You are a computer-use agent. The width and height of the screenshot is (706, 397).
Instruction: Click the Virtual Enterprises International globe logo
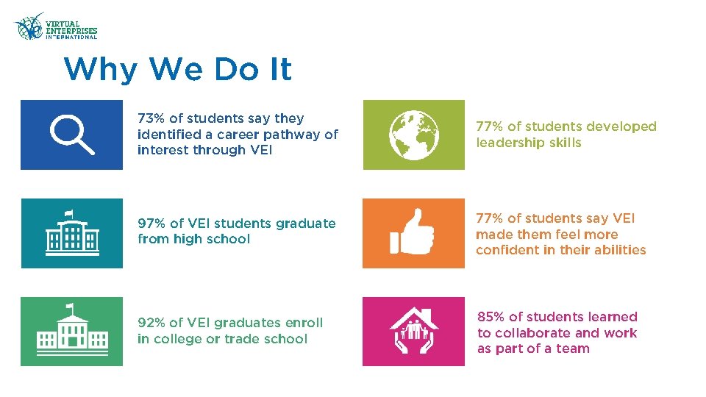29,27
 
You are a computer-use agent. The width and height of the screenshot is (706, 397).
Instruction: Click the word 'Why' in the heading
101,70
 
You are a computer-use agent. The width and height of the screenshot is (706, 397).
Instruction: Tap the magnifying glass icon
71,135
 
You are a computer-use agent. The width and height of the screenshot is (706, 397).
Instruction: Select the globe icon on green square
414,135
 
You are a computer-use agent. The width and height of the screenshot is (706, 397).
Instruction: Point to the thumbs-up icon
414,233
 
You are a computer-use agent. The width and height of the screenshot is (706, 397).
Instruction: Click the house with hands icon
414,331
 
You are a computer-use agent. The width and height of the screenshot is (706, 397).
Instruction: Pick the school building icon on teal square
71,233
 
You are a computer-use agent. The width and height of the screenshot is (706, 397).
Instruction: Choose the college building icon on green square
71,331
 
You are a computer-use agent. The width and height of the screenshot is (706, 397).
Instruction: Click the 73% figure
151,118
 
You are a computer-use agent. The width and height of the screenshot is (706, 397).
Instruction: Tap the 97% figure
151,223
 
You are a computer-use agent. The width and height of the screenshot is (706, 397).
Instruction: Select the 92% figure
151,323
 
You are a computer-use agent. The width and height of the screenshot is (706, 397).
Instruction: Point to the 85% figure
491,317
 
